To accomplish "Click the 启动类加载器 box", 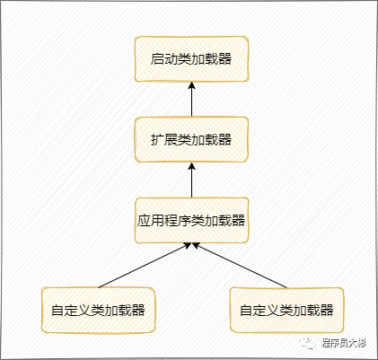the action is [191, 59].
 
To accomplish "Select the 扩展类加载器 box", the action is [191, 140].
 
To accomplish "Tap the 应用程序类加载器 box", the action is [191, 220].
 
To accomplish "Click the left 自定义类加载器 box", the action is [98, 310].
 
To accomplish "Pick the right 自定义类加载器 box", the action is [286, 310].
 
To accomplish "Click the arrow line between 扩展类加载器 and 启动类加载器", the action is [191, 99].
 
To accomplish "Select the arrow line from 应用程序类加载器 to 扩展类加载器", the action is [191, 180].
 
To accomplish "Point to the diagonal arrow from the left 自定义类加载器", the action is [145, 265].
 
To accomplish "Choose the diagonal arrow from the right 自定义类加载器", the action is [240, 265].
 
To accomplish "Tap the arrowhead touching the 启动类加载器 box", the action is [191, 85].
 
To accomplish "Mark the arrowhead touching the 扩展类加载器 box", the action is [191, 166].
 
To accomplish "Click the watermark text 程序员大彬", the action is [344, 343].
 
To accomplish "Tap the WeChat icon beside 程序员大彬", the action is [309, 343].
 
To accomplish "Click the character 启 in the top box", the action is [157, 59].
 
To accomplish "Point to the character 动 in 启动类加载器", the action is [171, 59].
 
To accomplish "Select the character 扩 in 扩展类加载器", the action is [157, 140].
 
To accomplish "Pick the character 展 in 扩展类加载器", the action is [171, 140].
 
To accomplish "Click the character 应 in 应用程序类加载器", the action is [144, 221].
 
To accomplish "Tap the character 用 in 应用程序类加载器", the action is [157, 221].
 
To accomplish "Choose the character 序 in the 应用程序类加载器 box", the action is [184, 221].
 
